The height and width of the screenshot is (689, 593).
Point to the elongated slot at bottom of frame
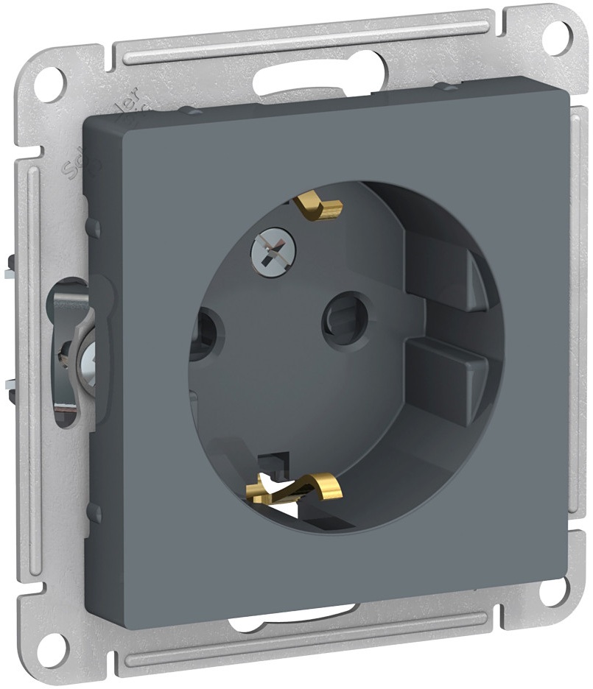tap(295, 618)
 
